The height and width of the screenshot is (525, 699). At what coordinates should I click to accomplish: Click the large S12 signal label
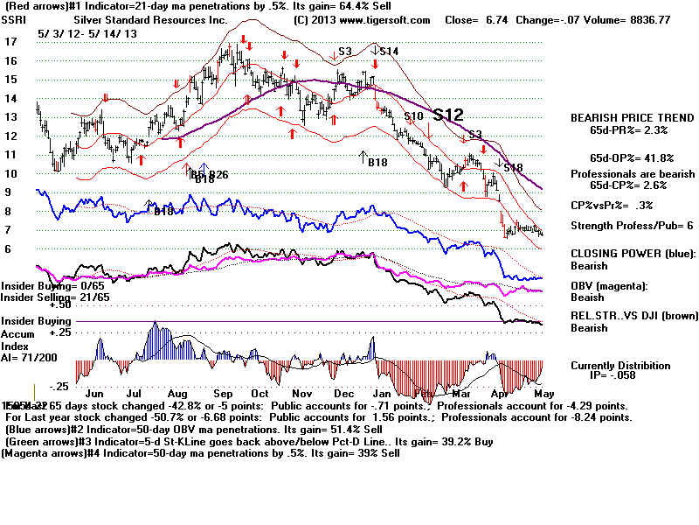(x=448, y=115)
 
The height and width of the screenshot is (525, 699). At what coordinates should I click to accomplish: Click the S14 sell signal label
(x=388, y=52)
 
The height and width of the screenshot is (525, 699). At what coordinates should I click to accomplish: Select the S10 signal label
(x=413, y=116)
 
